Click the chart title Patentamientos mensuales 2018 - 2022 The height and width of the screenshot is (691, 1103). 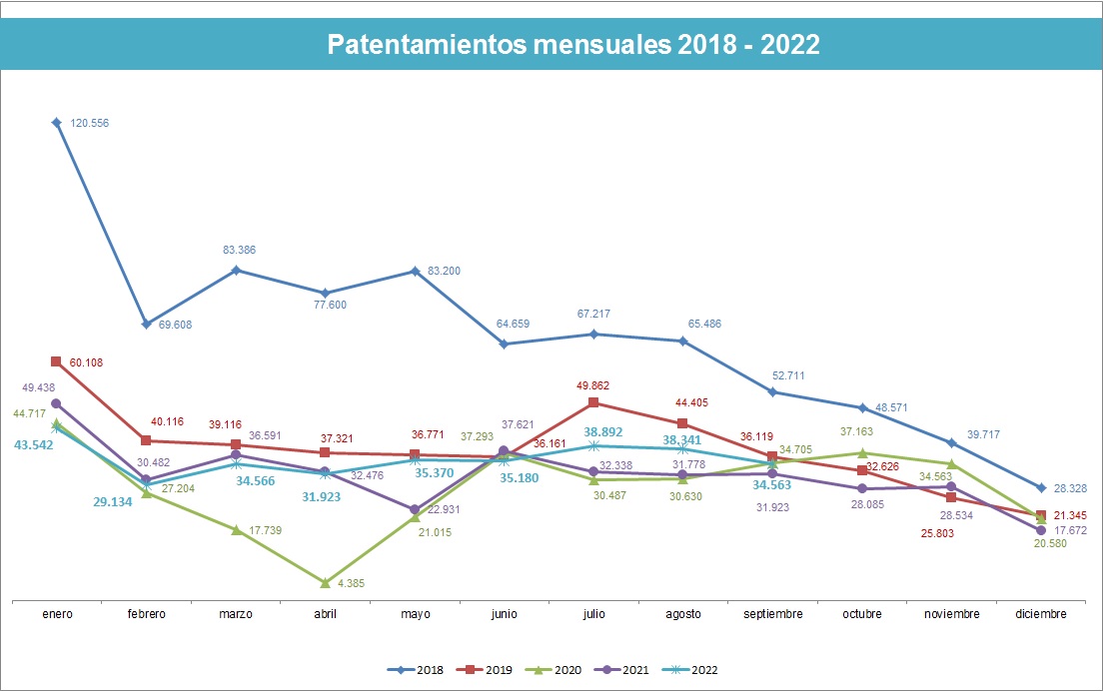573,45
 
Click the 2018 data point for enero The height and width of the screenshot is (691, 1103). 57,123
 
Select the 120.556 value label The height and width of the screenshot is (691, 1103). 90,123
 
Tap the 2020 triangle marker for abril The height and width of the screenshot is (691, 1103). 325,582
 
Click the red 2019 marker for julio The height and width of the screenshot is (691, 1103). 593,402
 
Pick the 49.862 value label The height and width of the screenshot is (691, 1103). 593,385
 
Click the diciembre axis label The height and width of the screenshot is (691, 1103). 1040,614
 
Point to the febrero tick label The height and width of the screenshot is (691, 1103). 146,614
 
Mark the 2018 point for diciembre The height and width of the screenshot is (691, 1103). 1041,487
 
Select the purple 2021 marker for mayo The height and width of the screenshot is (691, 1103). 414,509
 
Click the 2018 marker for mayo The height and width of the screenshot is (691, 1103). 414,271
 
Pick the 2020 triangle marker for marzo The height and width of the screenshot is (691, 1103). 236,530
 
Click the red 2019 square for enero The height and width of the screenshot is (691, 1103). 57,361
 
